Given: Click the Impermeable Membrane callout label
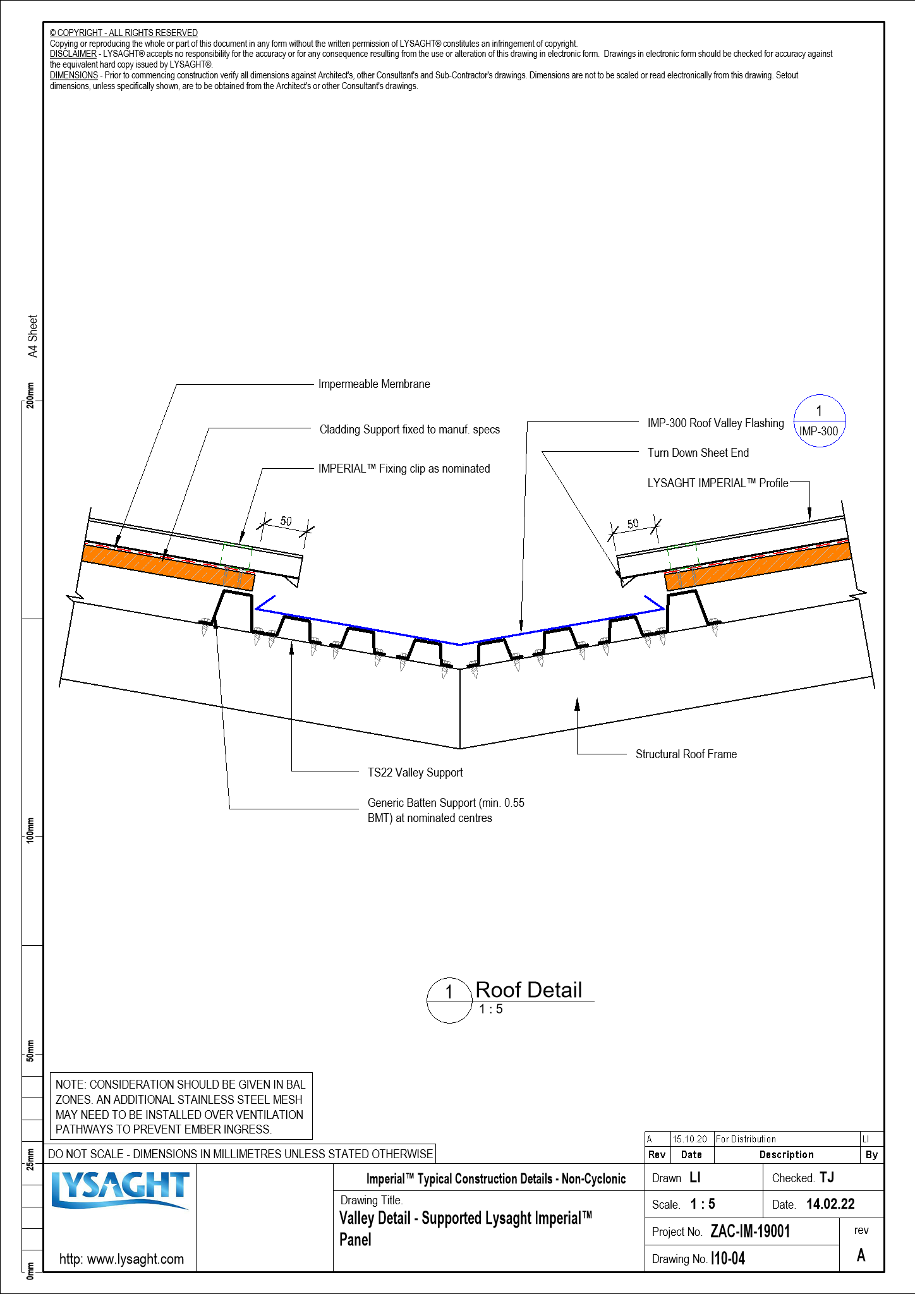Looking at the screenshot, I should coord(373,384).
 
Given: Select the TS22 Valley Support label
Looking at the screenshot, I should coord(415,773).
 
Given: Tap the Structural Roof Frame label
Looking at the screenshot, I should coord(686,754).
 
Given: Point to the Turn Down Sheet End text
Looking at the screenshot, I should coord(698,453).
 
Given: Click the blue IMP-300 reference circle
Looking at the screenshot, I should coord(819,421).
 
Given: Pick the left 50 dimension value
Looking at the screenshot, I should coord(286,521).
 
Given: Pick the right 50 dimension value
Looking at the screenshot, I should coord(633,524).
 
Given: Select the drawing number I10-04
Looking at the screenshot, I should coord(727,1259).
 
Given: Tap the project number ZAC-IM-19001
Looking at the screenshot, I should coord(749,1231).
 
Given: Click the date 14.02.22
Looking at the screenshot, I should coord(830,1204).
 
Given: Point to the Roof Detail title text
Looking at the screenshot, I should coord(528,990).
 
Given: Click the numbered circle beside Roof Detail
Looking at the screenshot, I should coord(449,1000).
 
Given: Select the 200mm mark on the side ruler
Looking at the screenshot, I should coord(30,396).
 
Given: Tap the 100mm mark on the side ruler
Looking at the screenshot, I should coord(30,830).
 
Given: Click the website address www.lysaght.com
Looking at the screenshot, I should coord(121,1259).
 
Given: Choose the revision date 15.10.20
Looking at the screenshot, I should coord(689,1139).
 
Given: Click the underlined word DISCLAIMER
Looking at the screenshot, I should coord(73,54).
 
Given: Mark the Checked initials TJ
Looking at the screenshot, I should coord(827,1178).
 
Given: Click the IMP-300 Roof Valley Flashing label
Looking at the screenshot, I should coord(715,423).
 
